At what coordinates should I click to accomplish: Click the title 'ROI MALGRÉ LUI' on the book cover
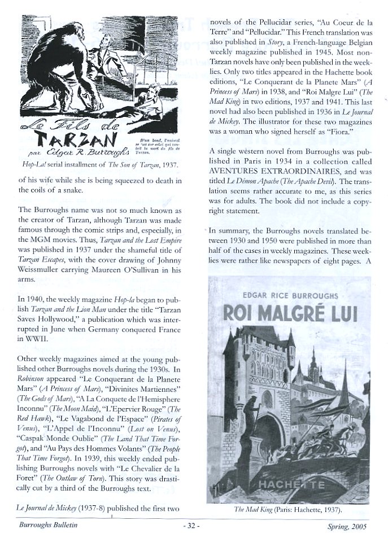point(290,310)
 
